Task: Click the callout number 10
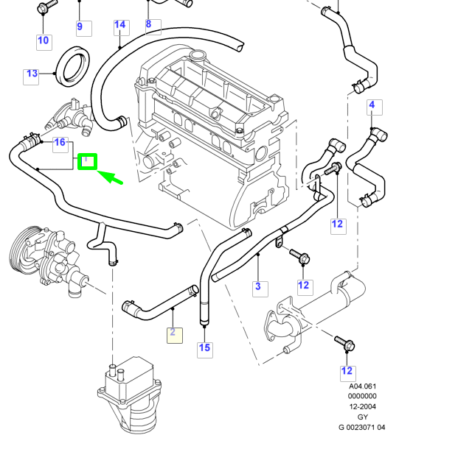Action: tap(43, 40)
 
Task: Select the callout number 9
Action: tap(80, 27)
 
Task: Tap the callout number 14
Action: tap(120, 26)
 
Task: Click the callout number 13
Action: tap(32, 74)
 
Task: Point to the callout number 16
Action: tap(60, 142)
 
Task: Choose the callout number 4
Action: tap(372, 105)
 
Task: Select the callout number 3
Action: tap(257, 286)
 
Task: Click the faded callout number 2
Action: tap(173, 333)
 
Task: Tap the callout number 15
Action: tap(204, 347)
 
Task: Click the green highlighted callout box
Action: tap(88, 160)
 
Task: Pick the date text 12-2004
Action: tap(362, 406)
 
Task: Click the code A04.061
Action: tap(362, 386)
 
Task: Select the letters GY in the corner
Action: tap(362, 416)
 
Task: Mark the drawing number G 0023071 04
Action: tap(362, 426)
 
